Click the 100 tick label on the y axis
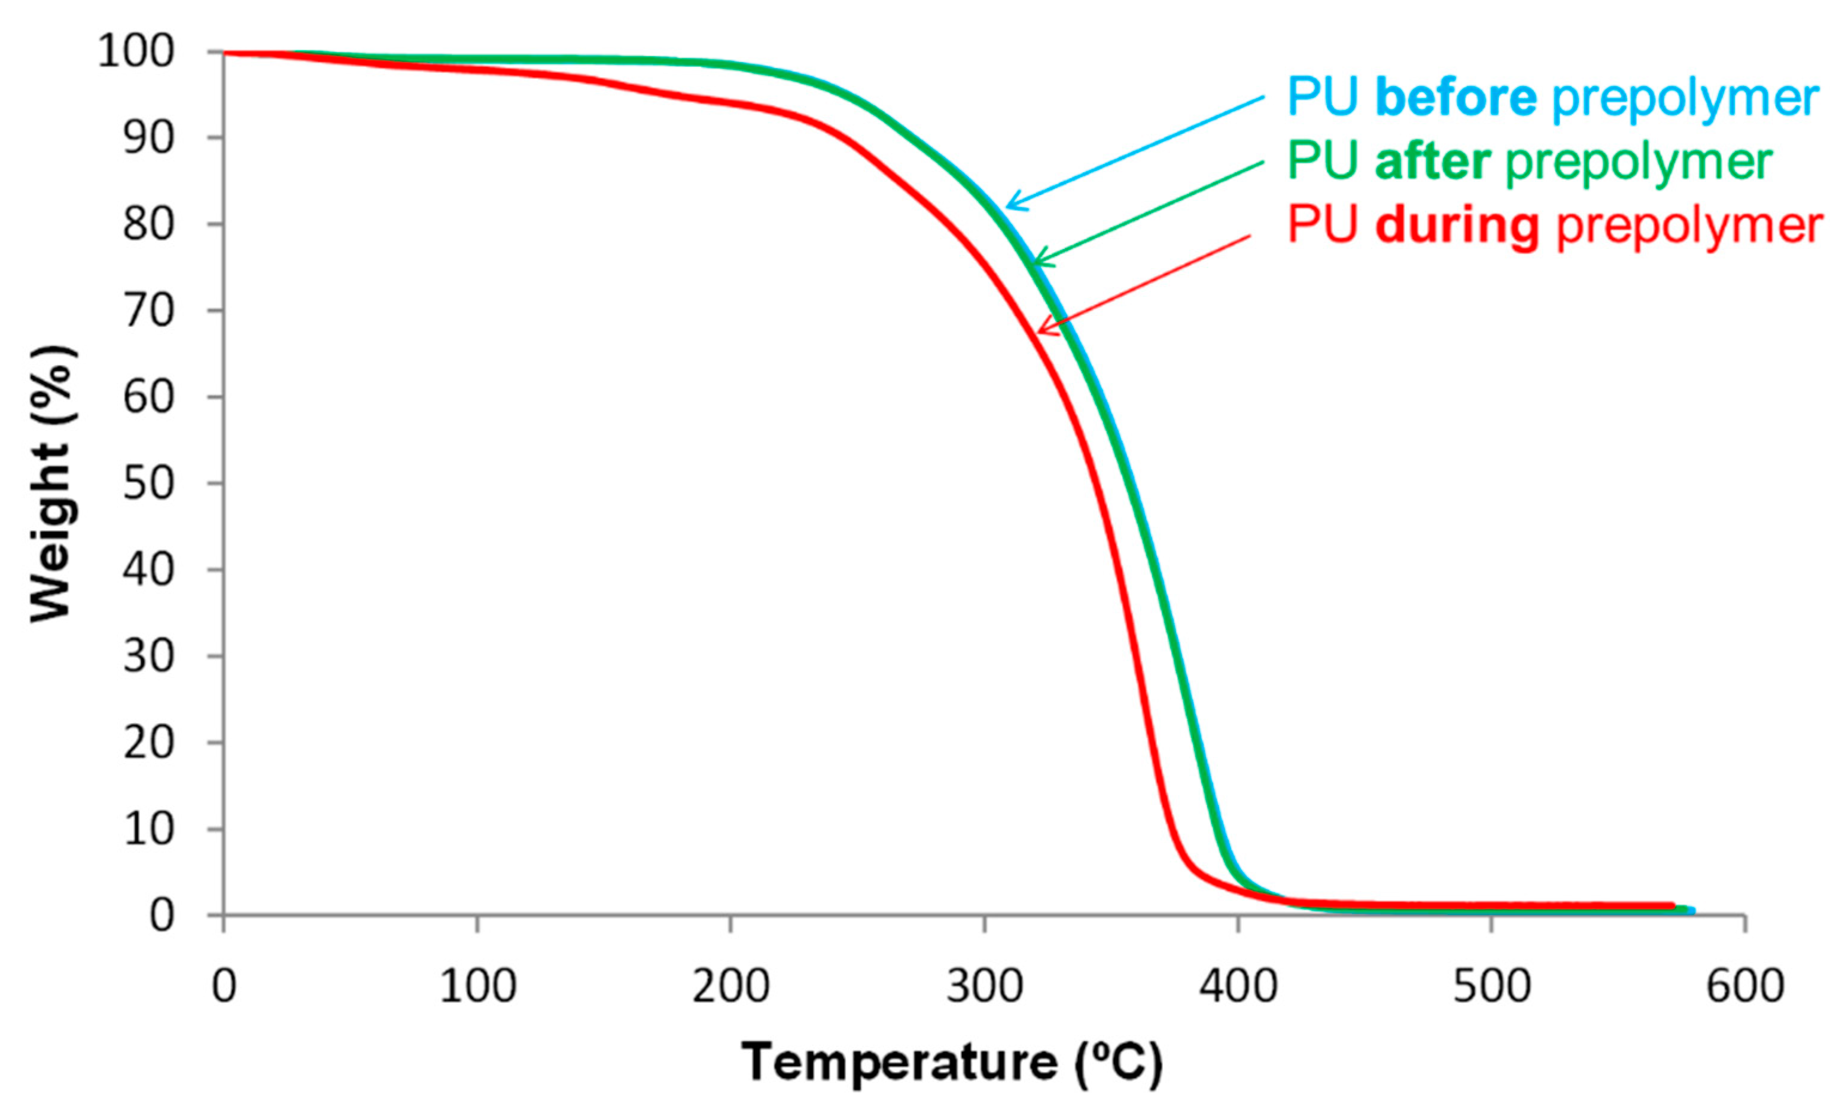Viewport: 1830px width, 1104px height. [x=136, y=53]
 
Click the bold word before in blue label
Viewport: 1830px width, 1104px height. [x=1456, y=98]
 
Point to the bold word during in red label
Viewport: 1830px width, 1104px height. [x=1457, y=225]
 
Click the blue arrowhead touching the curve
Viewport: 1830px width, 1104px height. [x=1012, y=205]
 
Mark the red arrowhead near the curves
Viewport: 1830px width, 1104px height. [x=1042, y=329]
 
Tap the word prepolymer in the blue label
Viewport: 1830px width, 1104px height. [x=1685, y=98]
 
